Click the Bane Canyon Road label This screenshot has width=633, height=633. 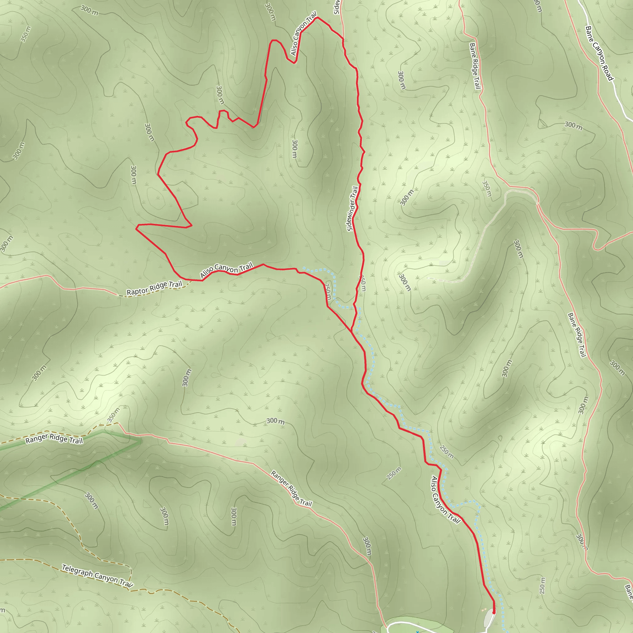599,53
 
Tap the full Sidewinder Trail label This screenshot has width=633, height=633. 353,209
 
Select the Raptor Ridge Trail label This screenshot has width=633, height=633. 154,288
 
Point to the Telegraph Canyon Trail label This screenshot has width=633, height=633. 97,576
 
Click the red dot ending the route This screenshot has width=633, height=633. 494,612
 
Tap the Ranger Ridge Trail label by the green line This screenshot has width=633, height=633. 54,438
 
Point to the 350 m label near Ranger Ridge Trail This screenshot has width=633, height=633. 113,415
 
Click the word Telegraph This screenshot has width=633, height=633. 78,571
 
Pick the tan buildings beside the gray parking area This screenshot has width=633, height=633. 484,610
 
